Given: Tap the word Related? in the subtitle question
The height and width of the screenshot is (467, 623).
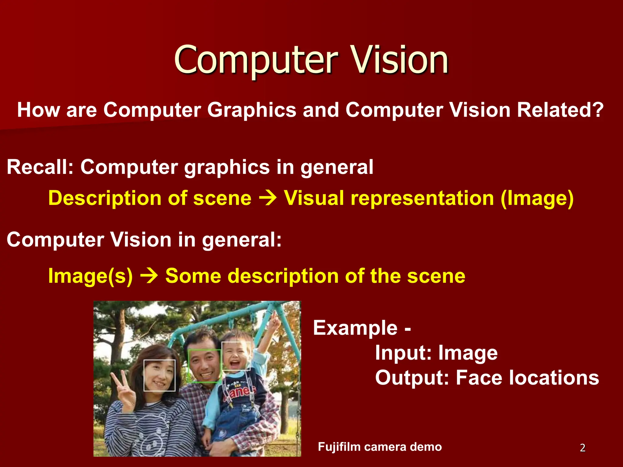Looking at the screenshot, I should (x=560, y=110).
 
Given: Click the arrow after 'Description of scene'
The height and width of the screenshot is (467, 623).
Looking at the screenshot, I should (x=268, y=198).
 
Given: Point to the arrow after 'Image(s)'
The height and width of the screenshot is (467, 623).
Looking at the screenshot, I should (x=149, y=276).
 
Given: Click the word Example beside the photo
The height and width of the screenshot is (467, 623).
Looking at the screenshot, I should (x=355, y=328).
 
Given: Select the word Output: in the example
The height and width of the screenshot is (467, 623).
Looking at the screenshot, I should (x=412, y=378).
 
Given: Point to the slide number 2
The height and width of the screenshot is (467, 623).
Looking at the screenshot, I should (x=583, y=448).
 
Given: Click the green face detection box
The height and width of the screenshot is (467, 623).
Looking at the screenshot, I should (x=204, y=366).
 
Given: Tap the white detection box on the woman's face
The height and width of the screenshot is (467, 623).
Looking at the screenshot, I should (x=159, y=375).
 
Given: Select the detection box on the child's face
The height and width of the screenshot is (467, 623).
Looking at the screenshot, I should (x=236, y=356).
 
